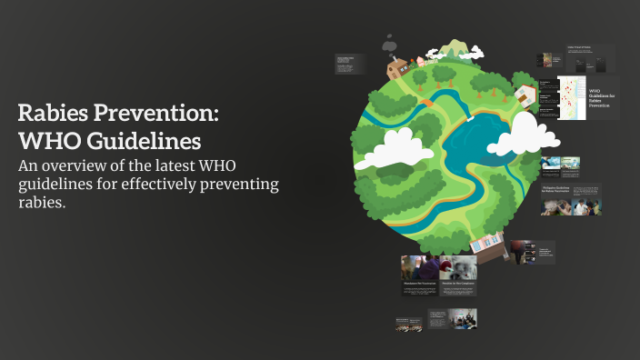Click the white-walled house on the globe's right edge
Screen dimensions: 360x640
525,94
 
